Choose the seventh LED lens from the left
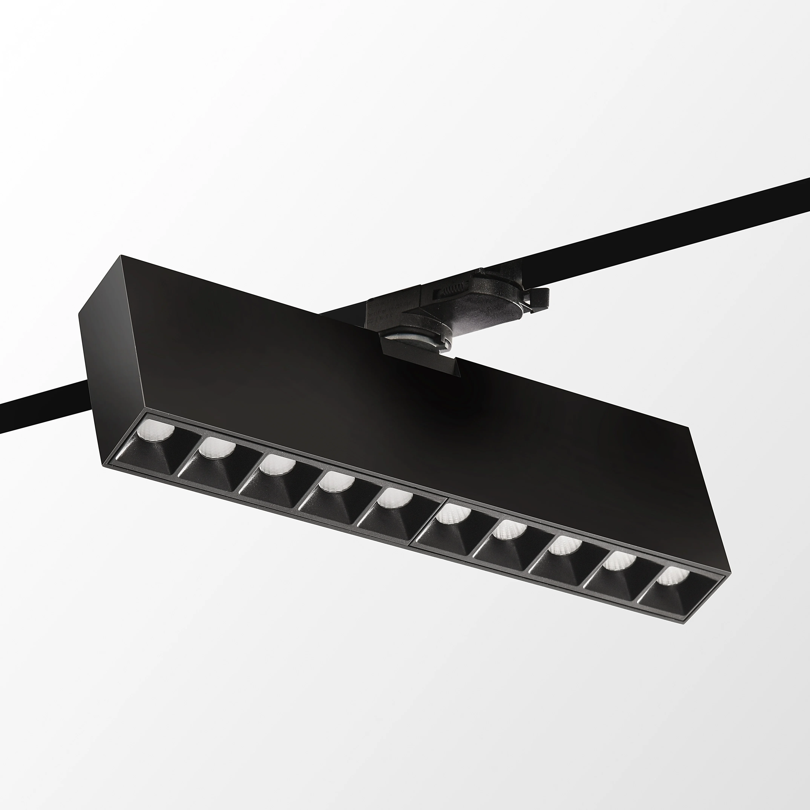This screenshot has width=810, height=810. [509, 530]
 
